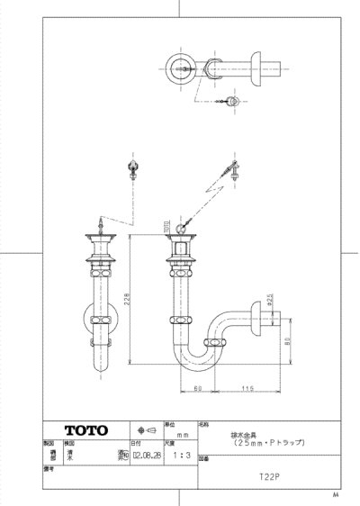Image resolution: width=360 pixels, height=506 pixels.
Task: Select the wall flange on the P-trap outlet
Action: [x=257, y=320]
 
